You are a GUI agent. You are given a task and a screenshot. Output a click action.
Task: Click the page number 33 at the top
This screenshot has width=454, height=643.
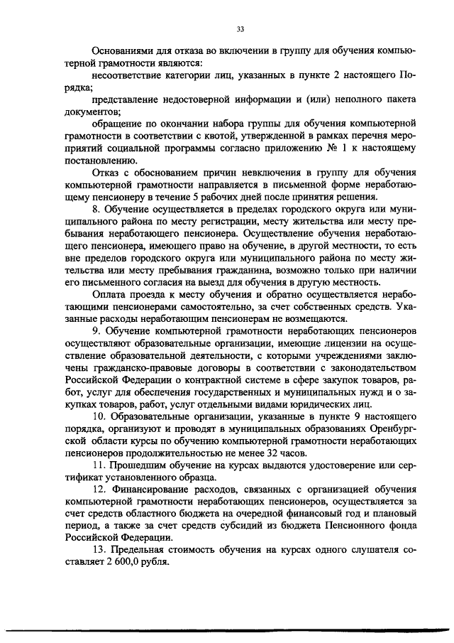[x=240, y=29]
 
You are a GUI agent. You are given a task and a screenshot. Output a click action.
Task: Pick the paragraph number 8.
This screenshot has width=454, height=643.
[x=96, y=210]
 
